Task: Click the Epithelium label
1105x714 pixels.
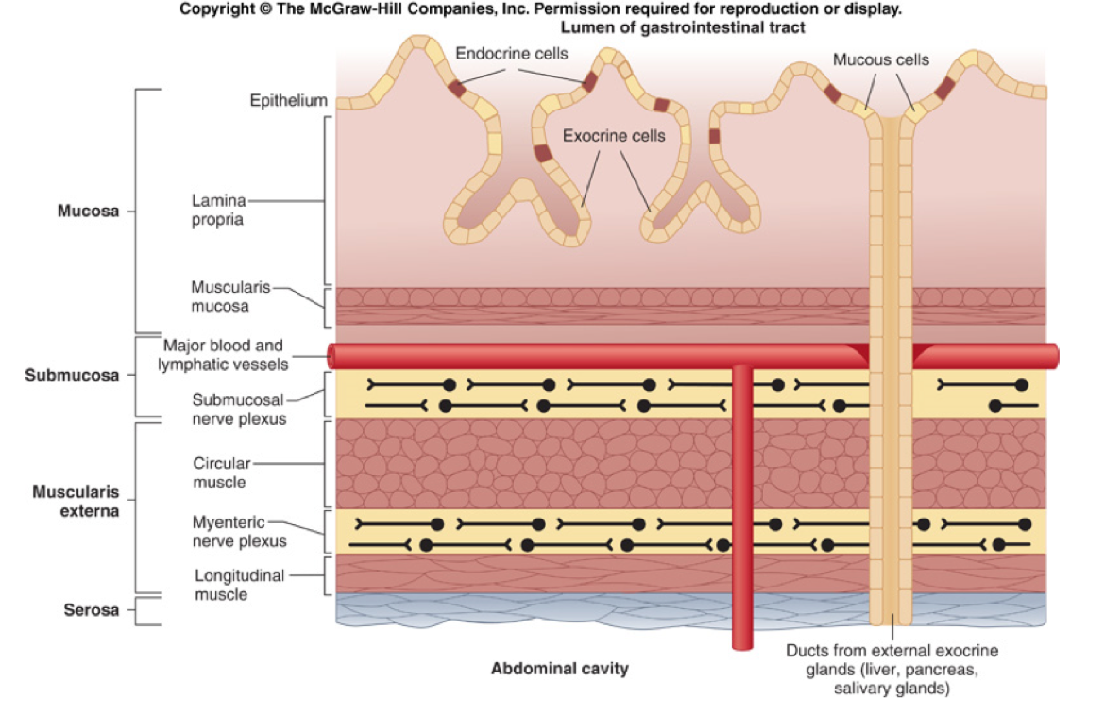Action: (288, 100)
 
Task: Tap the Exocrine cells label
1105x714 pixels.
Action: (614, 136)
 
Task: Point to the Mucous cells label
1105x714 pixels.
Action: (880, 60)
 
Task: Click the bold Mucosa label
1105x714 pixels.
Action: (88, 211)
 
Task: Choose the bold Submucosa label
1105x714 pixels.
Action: (85, 375)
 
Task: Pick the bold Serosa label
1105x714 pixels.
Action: (92, 610)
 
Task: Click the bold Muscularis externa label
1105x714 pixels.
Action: (76, 501)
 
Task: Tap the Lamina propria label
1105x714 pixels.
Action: (218, 210)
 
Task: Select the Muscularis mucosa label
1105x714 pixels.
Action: (220, 297)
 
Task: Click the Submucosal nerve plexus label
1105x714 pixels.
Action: (239, 408)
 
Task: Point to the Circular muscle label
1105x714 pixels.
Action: (220, 472)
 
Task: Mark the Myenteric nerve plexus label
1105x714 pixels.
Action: (239, 532)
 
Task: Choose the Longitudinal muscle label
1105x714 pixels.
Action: (239, 585)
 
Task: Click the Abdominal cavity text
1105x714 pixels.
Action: (559, 669)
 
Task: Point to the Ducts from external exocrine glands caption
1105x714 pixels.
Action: (892, 670)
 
